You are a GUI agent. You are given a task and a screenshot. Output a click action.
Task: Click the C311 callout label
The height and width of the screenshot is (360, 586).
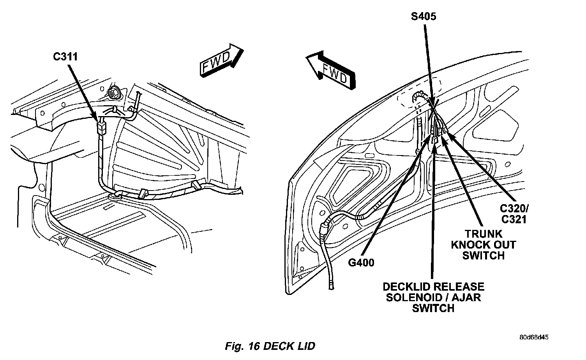click(x=65, y=56)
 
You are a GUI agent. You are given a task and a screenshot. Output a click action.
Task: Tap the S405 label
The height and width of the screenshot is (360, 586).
click(x=424, y=16)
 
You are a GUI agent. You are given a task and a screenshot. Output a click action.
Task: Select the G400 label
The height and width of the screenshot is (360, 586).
click(x=361, y=263)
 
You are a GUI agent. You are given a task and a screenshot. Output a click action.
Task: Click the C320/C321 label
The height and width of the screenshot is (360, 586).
click(x=514, y=214)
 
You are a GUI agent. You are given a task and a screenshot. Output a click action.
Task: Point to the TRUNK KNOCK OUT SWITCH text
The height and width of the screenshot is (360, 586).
click(x=484, y=245)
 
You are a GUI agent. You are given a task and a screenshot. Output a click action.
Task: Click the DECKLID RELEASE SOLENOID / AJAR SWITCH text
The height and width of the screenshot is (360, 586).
click(x=434, y=298)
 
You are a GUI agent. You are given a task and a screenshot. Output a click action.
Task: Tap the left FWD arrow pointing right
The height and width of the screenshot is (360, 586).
click(x=222, y=60)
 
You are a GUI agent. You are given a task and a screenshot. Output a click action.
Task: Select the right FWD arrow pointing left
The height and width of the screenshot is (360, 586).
click(x=331, y=70)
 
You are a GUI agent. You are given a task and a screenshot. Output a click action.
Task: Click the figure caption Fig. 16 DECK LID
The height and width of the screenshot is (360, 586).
click(x=270, y=346)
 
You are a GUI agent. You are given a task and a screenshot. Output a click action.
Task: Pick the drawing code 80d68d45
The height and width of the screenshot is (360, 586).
click(x=534, y=337)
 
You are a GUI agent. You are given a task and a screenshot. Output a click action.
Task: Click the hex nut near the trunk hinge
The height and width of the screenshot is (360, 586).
click(x=113, y=92)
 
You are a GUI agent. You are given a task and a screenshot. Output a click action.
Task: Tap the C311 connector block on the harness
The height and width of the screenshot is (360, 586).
click(x=101, y=127)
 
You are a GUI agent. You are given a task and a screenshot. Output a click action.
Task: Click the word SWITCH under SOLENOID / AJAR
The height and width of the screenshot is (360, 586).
click(x=433, y=309)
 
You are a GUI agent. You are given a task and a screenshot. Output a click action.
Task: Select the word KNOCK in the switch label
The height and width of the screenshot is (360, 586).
click(x=468, y=245)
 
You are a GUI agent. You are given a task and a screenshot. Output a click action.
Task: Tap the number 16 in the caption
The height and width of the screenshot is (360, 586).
click(x=254, y=346)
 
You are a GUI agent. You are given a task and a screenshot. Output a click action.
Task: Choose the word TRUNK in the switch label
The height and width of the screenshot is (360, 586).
click(x=484, y=234)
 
